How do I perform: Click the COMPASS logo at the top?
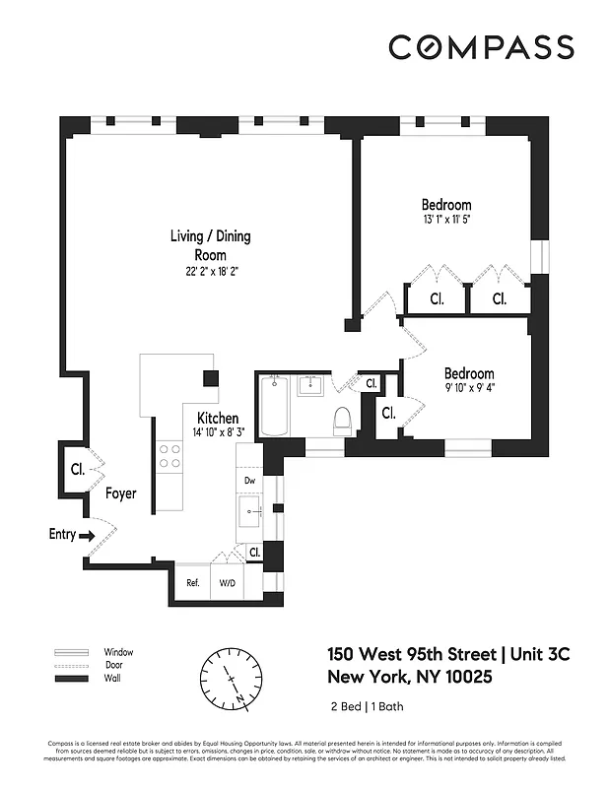point(481,47)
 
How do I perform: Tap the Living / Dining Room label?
point(210,244)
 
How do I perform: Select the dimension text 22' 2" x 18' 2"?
point(210,272)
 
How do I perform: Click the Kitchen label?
point(218,418)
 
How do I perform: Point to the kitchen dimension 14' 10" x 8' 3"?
point(218,432)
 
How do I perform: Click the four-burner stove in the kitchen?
point(170,456)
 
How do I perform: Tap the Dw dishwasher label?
point(249,481)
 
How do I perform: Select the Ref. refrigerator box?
point(193,582)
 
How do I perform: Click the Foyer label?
point(121,493)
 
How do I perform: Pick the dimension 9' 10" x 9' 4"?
point(469,388)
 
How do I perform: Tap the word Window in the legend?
point(118,652)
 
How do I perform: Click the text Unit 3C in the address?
point(538,655)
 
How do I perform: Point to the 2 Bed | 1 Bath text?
point(367,706)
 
